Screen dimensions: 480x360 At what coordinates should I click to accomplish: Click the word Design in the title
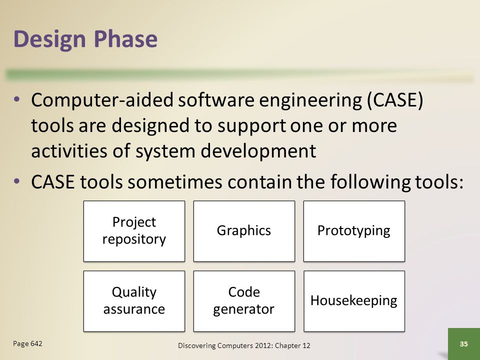(x=49, y=39)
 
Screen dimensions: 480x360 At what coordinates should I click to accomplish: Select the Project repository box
(x=134, y=231)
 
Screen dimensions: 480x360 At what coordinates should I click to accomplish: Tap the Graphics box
(x=244, y=231)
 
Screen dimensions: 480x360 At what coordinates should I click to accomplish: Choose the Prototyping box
(x=354, y=231)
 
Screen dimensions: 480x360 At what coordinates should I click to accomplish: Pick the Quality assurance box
(x=134, y=301)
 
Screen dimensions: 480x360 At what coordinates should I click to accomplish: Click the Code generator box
(x=244, y=301)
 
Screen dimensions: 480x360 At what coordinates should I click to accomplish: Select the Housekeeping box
(x=354, y=301)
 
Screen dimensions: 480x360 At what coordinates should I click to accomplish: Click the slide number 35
(x=464, y=344)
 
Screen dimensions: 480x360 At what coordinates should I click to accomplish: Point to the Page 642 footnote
(x=27, y=344)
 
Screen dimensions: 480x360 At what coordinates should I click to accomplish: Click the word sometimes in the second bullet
(x=174, y=182)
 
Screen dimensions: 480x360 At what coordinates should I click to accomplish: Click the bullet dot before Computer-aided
(x=16, y=99)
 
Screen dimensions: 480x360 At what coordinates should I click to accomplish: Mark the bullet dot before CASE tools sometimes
(x=16, y=181)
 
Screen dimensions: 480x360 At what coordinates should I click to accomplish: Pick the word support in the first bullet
(x=251, y=126)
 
